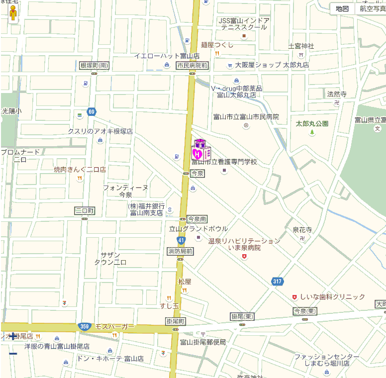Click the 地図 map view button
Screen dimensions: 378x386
(x=342, y=8)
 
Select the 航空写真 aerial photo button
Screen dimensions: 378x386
(x=372, y=8)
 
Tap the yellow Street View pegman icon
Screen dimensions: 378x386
(x=13, y=13)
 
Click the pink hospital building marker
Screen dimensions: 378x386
(x=200, y=150)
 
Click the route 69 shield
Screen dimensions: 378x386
(x=91, y=112)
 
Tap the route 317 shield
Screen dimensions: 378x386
(x=277, y=282)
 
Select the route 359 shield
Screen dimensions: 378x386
(x=84, y=327)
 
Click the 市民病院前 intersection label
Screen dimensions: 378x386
(x=192, y=66)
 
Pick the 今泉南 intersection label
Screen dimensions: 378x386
(x=197, y=219)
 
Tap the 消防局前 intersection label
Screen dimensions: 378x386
(x=180, y=251)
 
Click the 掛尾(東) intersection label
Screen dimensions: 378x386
(x=243, y=316)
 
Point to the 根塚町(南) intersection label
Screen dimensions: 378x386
(x=94, y=65)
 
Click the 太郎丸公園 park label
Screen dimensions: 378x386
(x=312, y=123)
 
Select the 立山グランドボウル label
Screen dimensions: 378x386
(x=198, y=229)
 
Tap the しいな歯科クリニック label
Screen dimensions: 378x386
(x=332, y=297)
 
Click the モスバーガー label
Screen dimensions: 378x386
(x=115, y=326)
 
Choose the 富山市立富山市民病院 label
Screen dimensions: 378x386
(x=246, y=117)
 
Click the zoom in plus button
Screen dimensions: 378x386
(x=13, y=336)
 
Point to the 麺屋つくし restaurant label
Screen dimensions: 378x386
(x=217, y=45)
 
